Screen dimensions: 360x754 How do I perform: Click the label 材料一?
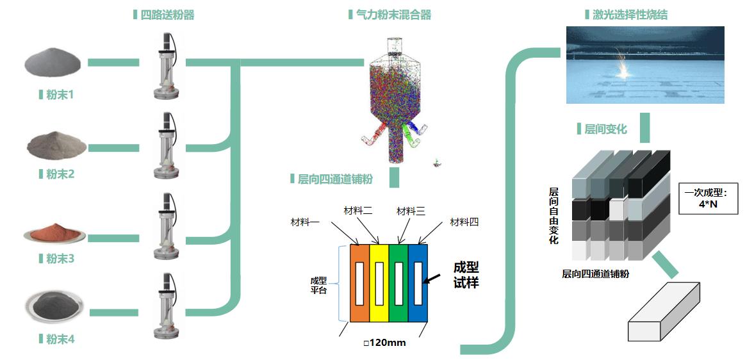click(305, 222)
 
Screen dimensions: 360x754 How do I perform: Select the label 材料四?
click(464, 222)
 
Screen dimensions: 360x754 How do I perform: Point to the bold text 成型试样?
click(466, 275)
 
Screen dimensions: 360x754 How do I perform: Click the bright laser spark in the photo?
click(622, 70)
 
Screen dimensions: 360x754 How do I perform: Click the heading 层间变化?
click(605, 129)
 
